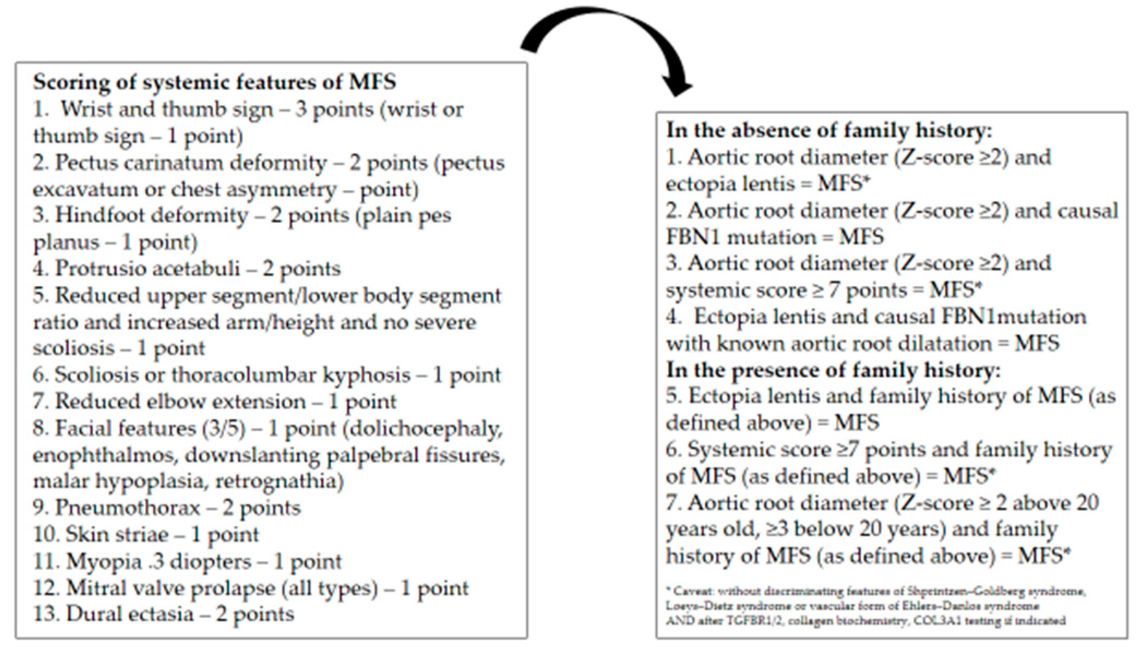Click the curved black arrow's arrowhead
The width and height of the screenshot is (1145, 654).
point(676,87)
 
